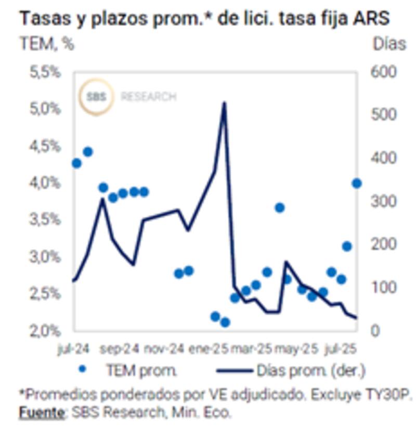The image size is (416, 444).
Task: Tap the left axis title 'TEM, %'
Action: [x=47, y=44]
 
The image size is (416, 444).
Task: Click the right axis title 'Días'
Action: [x=389, y=44]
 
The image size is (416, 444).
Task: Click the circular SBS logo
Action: [x=96, y=97]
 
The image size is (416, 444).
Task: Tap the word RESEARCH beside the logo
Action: [x=148, y=97]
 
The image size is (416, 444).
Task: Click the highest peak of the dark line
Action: [x=224, y=103]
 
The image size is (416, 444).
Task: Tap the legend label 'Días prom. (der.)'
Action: [x=311, y=371]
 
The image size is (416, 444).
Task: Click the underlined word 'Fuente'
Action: [x=41, y=413]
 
